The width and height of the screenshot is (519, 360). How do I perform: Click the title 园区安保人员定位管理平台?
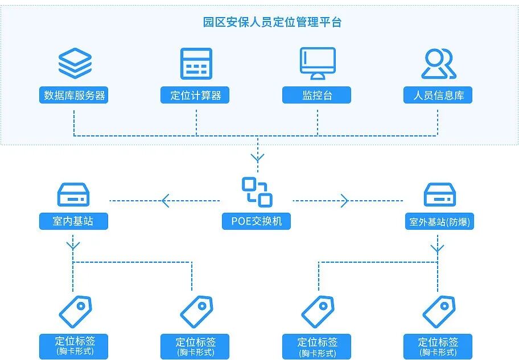273,23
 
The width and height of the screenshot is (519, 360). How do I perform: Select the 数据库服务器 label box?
75,95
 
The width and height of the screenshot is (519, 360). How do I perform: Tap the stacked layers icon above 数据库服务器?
75,63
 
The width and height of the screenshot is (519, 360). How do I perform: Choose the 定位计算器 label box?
196,95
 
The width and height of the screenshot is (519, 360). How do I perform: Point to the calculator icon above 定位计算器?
196,63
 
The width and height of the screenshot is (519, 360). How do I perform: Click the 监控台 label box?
317,95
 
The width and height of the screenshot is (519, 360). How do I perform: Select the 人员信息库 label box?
438,95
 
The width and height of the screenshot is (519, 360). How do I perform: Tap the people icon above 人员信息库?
438,63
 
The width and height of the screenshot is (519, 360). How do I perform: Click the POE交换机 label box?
257,221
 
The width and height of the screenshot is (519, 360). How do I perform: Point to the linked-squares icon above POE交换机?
257,192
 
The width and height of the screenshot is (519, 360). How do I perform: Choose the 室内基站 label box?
73,221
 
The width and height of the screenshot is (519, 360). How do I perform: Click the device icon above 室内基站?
73,195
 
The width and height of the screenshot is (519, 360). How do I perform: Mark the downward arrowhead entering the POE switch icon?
258,158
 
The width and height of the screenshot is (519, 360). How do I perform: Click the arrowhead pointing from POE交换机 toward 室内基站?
166,200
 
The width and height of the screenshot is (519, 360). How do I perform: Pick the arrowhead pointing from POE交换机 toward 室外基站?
344,200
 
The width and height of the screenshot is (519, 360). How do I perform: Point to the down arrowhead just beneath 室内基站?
73,246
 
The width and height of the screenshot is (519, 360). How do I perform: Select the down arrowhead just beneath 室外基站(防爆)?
437,249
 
